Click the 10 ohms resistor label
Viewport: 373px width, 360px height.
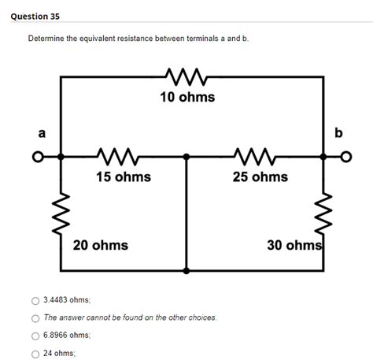(187, 97)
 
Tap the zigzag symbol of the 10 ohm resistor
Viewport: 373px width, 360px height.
(187, 76)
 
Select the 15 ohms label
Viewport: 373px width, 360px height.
(124, 176)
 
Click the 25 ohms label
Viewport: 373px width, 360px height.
(260, 176)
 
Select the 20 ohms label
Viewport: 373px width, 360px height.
(101, 245)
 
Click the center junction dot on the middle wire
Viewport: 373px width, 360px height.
(186, 157)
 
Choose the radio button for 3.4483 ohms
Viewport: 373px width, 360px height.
(34, 300)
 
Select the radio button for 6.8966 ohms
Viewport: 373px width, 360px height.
(34, 335)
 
